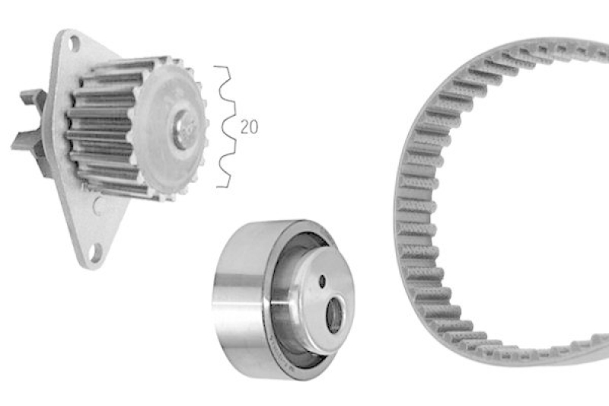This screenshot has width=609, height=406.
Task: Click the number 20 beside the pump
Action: pyautogui.click(x=249, y=127)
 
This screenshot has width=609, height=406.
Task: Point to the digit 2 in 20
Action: pyautogui.click(x=244, y=127)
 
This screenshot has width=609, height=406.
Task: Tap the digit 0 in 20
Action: pyautogui.click(x=253, y=127)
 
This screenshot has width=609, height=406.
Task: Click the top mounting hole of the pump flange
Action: pyautogui.click(x=75, y=43)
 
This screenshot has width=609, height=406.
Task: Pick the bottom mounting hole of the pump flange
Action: pyautogui.click(x=95, y=252)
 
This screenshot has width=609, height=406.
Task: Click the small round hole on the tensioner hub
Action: pyautogui.click(x=322, y=281)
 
